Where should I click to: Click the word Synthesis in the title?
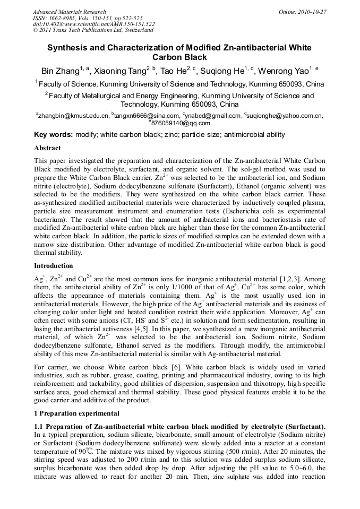point(68,47)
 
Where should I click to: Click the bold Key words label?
point(53,135)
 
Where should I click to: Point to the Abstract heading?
point(47,148)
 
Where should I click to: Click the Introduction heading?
point(54,265)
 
